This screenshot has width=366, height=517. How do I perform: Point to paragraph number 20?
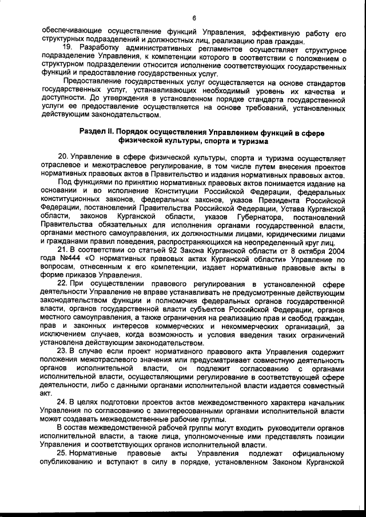tap(63, 158)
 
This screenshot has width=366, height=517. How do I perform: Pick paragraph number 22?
tap(63, 283)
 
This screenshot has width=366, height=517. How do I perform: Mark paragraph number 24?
tap(63, 401)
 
